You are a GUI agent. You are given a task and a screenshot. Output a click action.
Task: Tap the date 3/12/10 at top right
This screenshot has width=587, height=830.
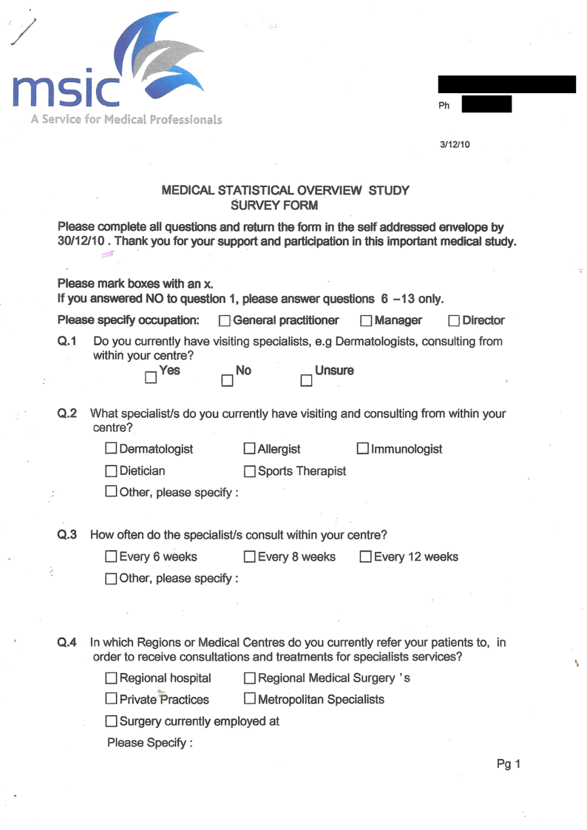(454, 145)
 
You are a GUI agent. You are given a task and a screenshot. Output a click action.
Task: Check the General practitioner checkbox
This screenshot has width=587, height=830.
(225, 321)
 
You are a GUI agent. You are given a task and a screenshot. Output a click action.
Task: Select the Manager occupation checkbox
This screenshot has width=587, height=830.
(367, 321)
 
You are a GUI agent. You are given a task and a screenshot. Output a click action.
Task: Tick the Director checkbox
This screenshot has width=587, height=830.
(455, 321)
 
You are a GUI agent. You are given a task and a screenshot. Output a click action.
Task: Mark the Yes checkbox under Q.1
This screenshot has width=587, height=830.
(151, 378)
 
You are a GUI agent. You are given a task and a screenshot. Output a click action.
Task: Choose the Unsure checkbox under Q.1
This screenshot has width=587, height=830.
(306, 380)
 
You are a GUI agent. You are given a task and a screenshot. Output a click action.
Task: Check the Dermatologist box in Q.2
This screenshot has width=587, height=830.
(111, 449)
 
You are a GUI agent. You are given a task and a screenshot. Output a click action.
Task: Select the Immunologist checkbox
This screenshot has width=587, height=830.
(363, 449)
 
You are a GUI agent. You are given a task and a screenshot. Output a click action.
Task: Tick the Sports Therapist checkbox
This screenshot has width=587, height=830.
(250, 471)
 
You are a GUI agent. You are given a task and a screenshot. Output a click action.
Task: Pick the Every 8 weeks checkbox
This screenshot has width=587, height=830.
(250, 557)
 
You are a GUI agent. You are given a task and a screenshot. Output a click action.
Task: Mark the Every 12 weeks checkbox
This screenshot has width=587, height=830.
(366, 557)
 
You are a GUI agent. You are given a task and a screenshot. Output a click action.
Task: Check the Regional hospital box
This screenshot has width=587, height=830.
(111, 678)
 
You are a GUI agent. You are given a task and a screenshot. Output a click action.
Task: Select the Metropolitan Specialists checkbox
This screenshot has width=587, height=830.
(250, 699)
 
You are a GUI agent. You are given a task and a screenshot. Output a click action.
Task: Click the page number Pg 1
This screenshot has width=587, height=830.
(509, 765)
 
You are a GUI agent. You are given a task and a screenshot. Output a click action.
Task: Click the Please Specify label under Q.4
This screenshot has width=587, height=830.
(149, 742)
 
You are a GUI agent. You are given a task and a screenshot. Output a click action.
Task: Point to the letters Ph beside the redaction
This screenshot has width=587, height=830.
(444, 106)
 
